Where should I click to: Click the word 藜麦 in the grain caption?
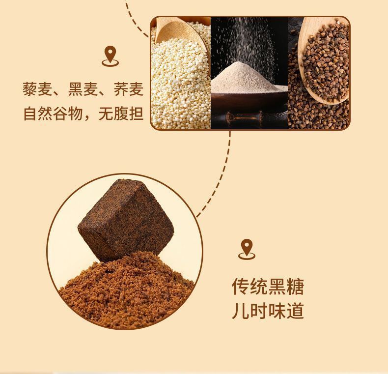coord(37,89)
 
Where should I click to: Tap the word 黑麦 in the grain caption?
coord(83,89)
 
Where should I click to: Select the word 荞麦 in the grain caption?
coord(129,89)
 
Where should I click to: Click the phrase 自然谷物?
coord(53,114)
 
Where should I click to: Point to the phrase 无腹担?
coord(121,114)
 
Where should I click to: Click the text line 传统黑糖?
coord(268,287)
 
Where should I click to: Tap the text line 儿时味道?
coord(268,311)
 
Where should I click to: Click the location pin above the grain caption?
coord(110,56)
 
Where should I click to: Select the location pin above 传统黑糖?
coord(247,249)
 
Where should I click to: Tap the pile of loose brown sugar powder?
coord(126,290)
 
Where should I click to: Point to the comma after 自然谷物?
coord(87,118)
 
